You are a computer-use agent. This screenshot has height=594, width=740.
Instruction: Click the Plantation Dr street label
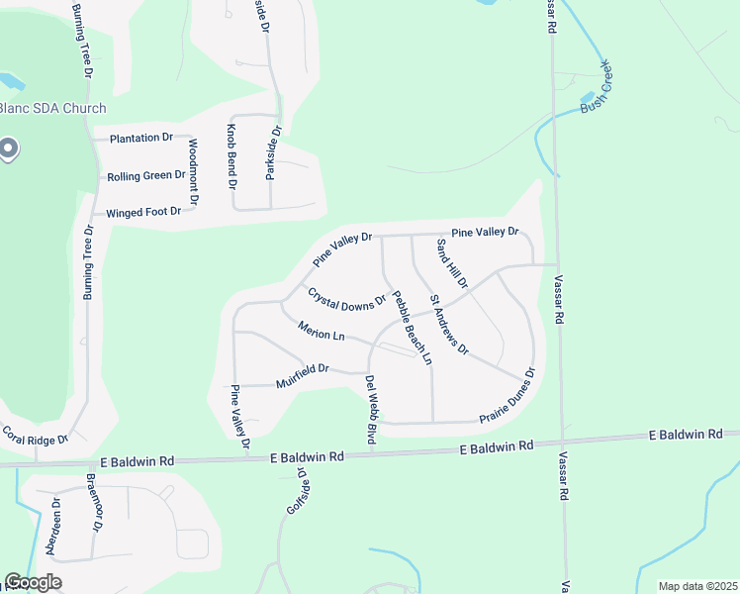click(x=141, y=138)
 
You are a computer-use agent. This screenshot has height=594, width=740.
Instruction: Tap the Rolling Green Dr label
click(x=146, y=175)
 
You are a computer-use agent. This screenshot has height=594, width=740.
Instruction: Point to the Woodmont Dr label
click(x=194, y=172)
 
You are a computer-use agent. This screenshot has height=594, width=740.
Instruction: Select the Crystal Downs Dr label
click(x=346, y=297)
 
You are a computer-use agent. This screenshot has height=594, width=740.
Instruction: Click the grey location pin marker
click(x=8, y=149)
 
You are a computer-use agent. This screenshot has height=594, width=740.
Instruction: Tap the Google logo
click(x=33, y=582)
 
